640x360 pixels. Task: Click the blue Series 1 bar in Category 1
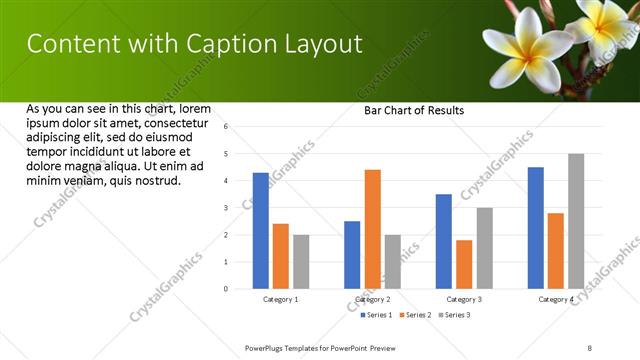pos(261,231)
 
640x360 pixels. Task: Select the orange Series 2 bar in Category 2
pos(372,229)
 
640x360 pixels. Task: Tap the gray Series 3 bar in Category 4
pos(576,221)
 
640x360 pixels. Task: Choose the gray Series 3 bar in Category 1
pos(301,262)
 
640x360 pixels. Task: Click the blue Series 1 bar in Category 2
pos(352,255)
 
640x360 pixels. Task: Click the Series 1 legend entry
pos(377,315)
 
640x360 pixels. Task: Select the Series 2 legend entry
pos(416,315)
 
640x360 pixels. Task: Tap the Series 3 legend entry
pos(454,315)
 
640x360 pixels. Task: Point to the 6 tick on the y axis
pos(226,127)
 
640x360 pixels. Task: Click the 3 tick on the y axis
pos(226,208)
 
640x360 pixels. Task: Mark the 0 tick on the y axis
pos(226,289)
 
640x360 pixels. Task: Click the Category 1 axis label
pos(281,299)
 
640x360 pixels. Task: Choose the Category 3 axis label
pos(464,299)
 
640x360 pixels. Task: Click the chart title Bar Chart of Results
pos(413,110)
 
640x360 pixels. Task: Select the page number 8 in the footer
pos(590,348)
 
